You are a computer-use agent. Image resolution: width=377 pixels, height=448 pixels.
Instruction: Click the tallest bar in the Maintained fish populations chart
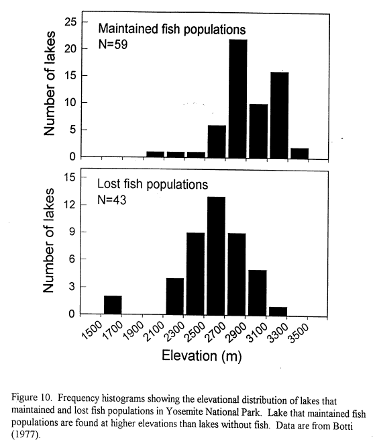(238, 99)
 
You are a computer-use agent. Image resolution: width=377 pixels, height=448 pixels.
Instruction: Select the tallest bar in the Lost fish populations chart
(216, 256)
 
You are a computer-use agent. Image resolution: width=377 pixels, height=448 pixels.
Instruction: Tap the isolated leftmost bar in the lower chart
(113, 306)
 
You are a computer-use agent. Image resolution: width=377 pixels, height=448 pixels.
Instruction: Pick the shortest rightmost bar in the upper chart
(300, 153)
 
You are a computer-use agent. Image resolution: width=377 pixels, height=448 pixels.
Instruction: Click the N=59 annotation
(113, 44)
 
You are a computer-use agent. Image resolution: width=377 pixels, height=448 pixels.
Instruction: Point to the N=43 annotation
(111, 199)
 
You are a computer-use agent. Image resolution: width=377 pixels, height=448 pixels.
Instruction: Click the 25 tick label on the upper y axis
(70, 21)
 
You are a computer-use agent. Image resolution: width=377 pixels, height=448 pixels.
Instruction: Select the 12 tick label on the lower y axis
(69, 205)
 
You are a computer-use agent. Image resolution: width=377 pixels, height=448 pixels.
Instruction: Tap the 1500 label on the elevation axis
(92, 330)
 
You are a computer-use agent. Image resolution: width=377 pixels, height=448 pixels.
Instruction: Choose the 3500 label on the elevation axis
(299, 333)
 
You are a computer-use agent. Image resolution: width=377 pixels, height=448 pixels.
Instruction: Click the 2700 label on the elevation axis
(216, 332)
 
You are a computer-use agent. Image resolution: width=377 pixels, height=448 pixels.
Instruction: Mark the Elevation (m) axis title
(201, 356)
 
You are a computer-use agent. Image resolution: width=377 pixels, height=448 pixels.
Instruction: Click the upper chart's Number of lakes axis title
(49, 83)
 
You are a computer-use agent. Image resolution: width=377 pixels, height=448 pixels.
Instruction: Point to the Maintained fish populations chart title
(172, 29)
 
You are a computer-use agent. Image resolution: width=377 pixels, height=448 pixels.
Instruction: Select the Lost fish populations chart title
(152, 184)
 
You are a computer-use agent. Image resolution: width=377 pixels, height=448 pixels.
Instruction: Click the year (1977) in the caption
(25, 435)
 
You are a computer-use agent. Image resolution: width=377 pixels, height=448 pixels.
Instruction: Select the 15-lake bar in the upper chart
(280, 116)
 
